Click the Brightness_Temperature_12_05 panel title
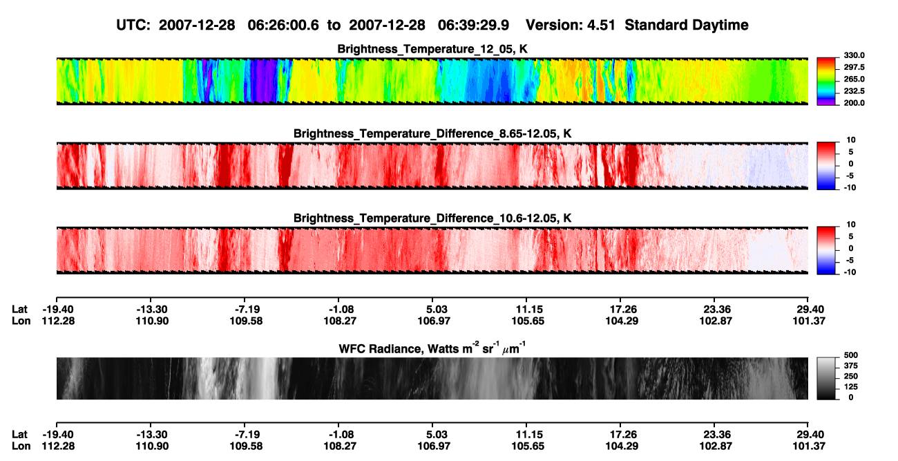(432, 49)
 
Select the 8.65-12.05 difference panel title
(432, 133)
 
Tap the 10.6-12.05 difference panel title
(432, 218)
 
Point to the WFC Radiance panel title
(432, 348)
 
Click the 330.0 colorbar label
(854, 55)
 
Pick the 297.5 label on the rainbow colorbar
(854, 67)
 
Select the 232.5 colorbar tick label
(854, 91)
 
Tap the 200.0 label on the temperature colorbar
(854, 103)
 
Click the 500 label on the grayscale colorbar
(851, 355)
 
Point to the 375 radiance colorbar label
(851, 366)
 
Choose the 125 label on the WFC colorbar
(851, 387)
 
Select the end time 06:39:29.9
(473, 26)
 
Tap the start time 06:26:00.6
(283, 26)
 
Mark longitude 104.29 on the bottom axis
(622, 446)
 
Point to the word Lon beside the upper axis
(21, 321)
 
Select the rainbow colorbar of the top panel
(826, 82)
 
